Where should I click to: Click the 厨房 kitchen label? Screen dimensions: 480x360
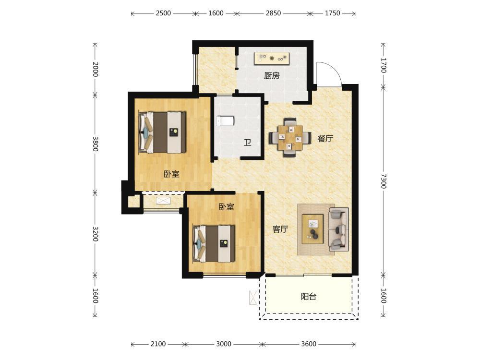point(272,76)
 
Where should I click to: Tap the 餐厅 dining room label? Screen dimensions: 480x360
point(325,139)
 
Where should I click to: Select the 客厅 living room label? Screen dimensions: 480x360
point(280,229)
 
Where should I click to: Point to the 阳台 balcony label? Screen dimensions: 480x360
point(309,296)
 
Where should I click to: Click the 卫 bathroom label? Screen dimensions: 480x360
point(247,143)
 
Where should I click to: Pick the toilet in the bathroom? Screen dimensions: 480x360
point(225,121)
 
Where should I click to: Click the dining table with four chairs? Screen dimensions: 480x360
point(290,138)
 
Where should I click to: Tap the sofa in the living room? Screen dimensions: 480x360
point(338,229)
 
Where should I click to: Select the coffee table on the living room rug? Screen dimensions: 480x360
point(312,229)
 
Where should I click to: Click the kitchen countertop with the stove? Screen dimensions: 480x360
point(272,58)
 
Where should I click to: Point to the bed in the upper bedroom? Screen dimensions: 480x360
point(163,132)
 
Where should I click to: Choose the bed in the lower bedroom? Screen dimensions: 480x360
point(214,244)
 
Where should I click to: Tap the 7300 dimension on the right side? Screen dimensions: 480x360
point(383,181)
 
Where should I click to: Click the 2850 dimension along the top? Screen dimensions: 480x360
point(273,13)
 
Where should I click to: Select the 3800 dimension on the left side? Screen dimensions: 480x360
point(95,144)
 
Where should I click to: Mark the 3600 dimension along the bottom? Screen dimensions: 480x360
point(309,344)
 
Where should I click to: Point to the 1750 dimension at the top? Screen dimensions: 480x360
point(333,13)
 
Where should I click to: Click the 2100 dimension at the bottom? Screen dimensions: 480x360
point(158,344)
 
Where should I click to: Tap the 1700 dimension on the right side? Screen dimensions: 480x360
point(383,65)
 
